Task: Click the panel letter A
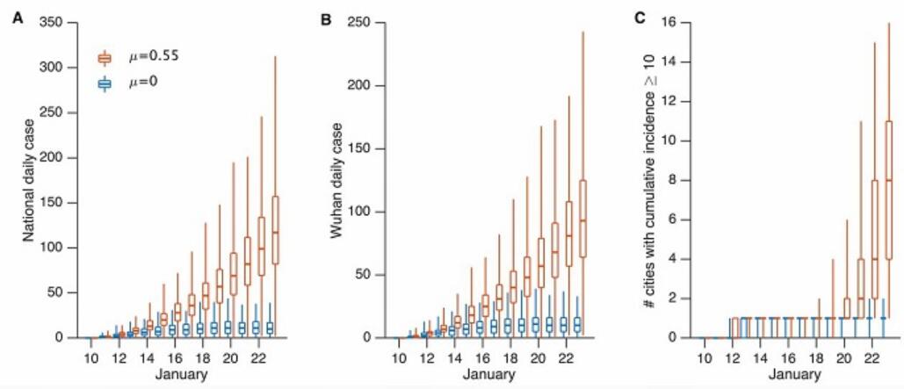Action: pyautogui.click(x=17, y=18)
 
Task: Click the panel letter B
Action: pyautogui.click(x=326, y=18)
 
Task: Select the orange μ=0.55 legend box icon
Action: pyautogui.click(x=105, y=58)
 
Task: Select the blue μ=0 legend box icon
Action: pyautogui.click(x=105, y=84)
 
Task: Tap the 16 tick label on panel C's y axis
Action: pyautogui.click(x=672, y=22)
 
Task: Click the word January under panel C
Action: pyautogui.click(x=795, y=376)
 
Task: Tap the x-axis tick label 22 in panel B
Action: pyautogui.click(x=565, y=358)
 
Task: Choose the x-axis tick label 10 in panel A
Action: pyautogui.click(x=92, y=358)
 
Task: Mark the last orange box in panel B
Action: pyautogui.click(x=582, y=218)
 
